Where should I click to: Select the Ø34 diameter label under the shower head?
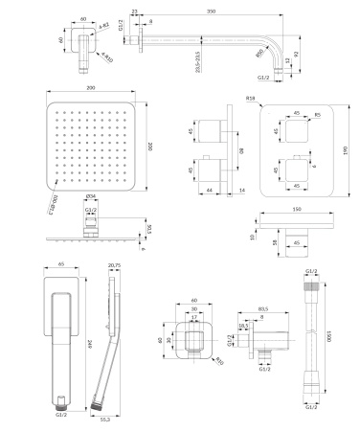coord(90,198)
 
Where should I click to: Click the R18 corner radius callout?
coord(249,98)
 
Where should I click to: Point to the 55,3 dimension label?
coord(105,419)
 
